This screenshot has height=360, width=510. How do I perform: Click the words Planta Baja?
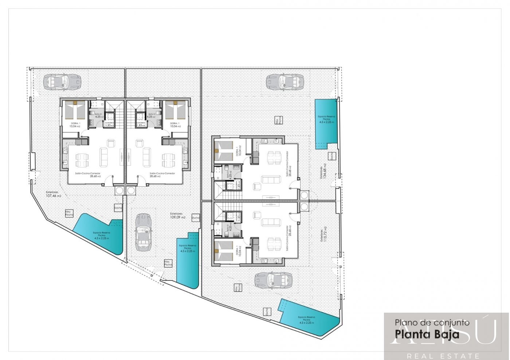(x=427, y=334)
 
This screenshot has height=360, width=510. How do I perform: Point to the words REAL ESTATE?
(x=443, y=356)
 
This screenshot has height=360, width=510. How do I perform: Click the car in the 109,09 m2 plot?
(x=143, y=233)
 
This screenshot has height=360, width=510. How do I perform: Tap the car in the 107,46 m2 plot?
(x=56, y=82)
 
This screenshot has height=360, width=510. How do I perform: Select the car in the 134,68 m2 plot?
(x=284, y=82)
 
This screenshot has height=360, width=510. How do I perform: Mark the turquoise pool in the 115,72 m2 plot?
(x=310, y=317)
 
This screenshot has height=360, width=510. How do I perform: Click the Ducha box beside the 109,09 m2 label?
(x=195, y=218)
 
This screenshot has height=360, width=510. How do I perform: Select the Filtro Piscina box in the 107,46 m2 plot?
(x=69, y=213)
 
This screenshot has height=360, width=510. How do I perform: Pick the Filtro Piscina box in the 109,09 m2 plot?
(x=167, y=264)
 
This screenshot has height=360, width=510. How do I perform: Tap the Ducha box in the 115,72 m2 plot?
(x=267, y=312)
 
